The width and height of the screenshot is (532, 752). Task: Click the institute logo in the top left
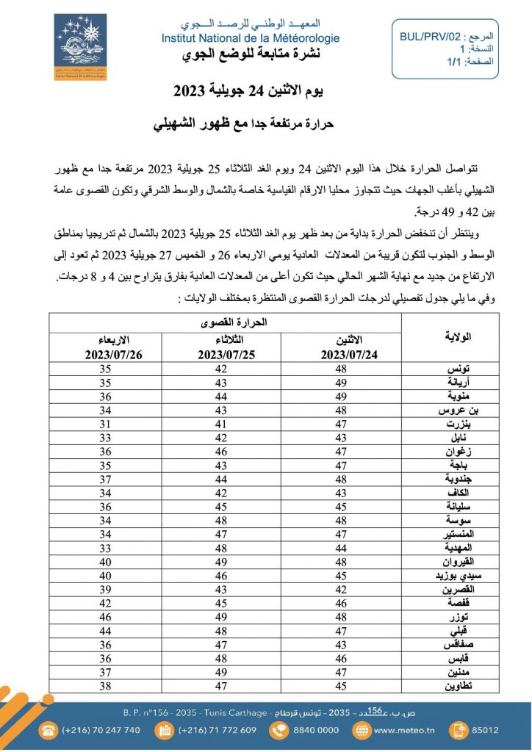(x=80, y=47)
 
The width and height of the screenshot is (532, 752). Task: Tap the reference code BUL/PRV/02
(x=431, y=35)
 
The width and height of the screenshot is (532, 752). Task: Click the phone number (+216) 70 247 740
(x=101, y=730)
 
